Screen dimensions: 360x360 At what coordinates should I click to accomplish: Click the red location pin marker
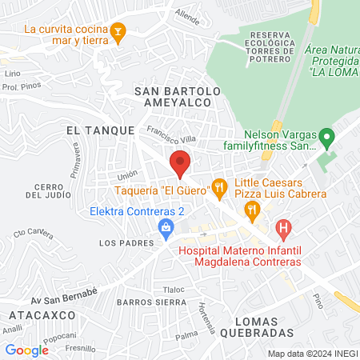pyautogui.click(x=181, y=162)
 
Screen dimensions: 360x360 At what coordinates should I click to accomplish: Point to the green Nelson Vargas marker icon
pyautogui.click(x=326, y=137)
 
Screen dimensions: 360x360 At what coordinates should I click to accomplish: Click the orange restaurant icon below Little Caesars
pyautogui.click(x=253, y=212)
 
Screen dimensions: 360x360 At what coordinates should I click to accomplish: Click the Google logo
pyautogui.click(x=27, y=350)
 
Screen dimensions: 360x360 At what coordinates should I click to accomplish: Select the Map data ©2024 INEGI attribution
pyautogui.click(x=311, y=353)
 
